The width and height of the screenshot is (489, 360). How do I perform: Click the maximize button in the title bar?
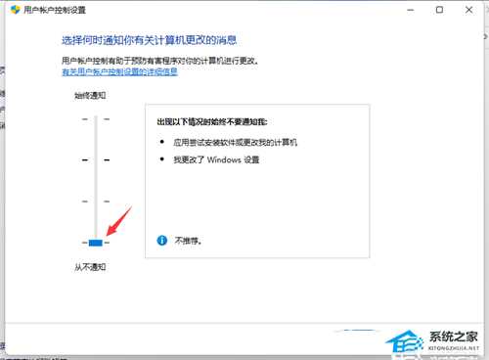(x=439, y=10)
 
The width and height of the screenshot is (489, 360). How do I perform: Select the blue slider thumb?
(x=96, y=243)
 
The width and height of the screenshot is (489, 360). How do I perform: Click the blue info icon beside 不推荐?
(x=161, y=239)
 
